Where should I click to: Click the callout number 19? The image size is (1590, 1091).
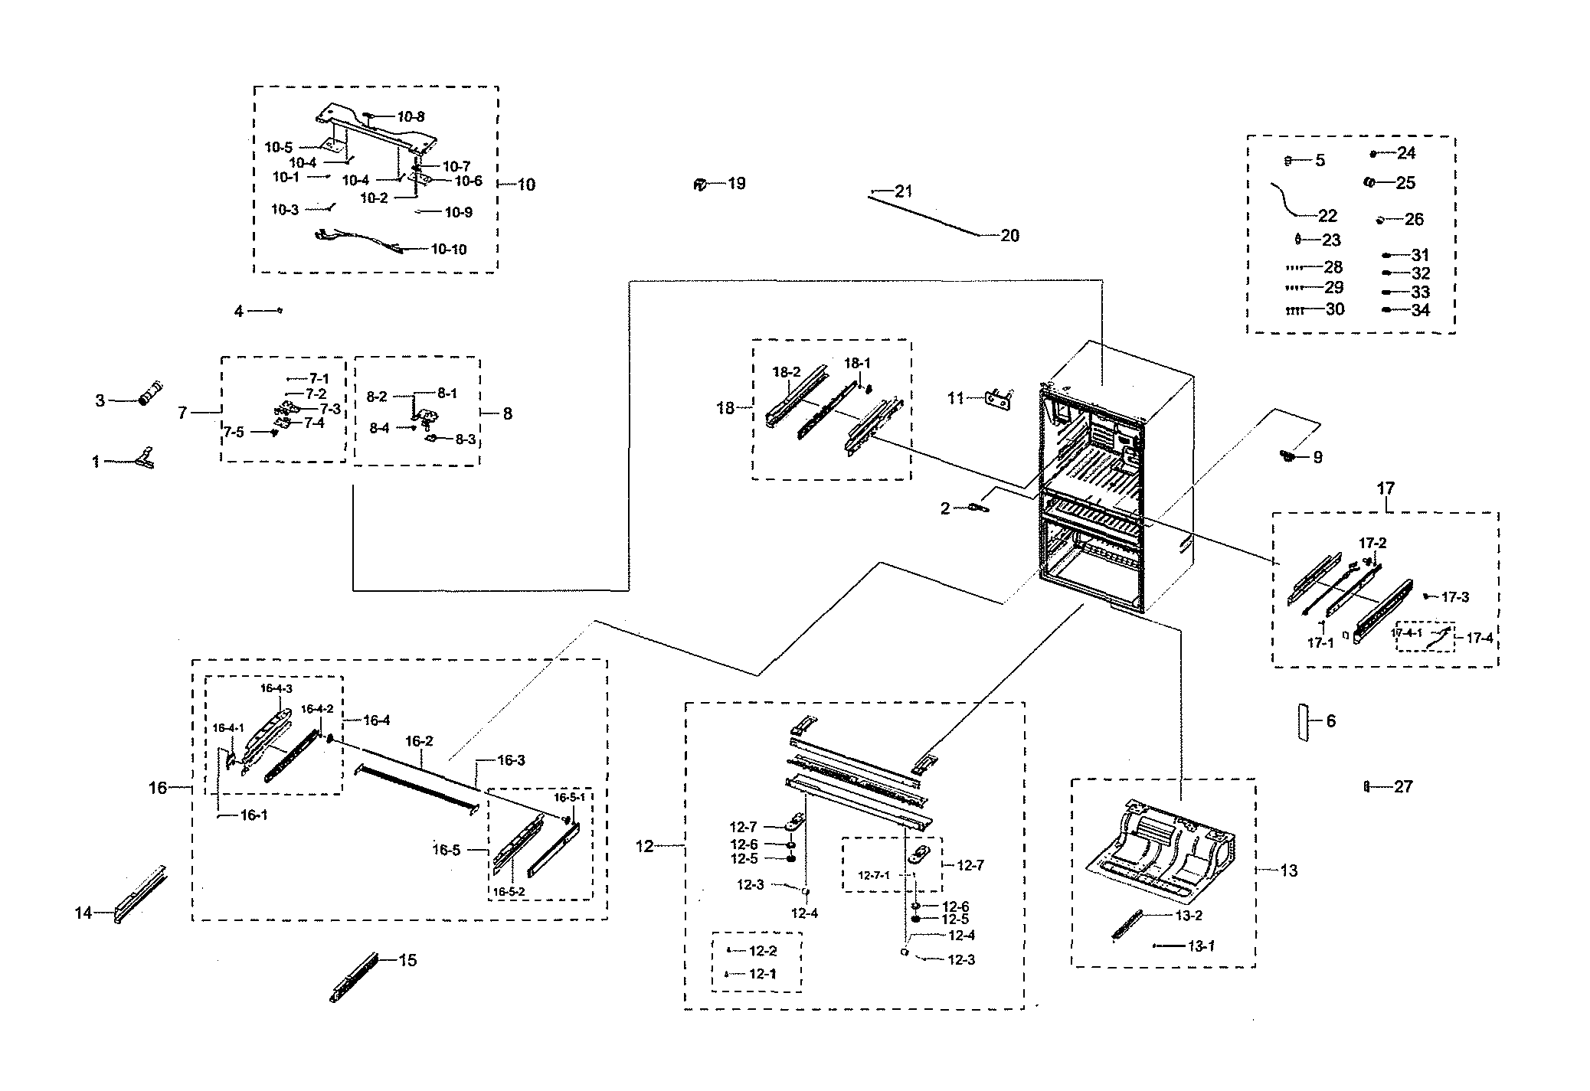[736, 184]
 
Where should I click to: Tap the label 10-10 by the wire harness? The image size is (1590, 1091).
[448, 250]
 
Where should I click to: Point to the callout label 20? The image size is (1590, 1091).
[1009, 236]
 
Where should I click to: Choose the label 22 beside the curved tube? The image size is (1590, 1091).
[1327, 216]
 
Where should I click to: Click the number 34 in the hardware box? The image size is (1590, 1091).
[1420, 310]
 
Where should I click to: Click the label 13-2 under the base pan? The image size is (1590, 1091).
[1189, 916]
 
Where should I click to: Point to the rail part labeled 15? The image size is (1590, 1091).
[354, 978]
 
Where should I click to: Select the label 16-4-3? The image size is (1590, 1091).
[276, 688]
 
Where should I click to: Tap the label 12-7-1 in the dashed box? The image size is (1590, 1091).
[873, 875]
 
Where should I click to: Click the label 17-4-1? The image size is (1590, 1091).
[1406, 633]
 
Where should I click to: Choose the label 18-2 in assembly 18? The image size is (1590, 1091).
[786, 372]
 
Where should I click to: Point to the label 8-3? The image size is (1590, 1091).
[465, 439]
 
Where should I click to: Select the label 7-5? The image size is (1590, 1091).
[234, 433]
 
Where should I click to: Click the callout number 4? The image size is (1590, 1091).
[239, 312]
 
